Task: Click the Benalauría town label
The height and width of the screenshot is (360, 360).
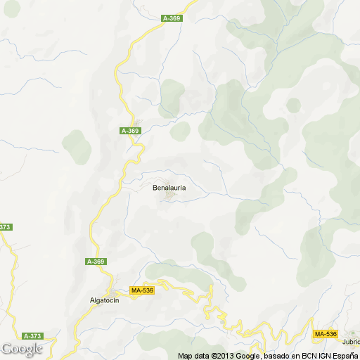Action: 169,188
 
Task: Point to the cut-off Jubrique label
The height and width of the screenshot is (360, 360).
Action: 351,342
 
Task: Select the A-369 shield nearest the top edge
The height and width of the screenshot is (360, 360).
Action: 172,19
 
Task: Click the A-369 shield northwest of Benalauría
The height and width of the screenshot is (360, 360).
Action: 131,131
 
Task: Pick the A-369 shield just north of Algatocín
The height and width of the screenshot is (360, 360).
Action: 96,262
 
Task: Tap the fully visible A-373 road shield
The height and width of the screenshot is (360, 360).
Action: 32,335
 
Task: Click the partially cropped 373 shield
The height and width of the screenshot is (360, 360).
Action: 6,227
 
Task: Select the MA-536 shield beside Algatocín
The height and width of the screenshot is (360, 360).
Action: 142,290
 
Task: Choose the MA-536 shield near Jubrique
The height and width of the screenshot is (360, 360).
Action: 326,333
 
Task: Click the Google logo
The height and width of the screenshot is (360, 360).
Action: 21,349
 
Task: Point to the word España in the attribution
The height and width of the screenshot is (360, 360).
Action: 344,355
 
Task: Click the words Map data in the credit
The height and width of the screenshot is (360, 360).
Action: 193,355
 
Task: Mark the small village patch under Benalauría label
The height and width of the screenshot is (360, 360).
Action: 169,196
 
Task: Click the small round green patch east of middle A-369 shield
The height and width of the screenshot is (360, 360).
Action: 180,131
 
